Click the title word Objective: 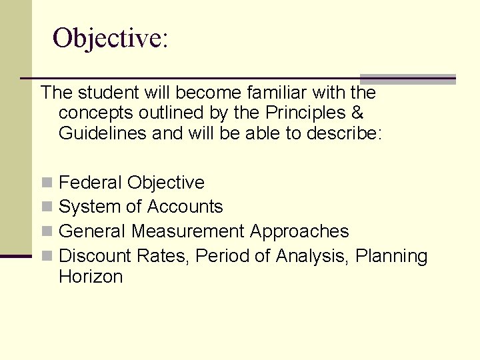click(x=110, y=38)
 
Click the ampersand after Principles click(x=357, y=113)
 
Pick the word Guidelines click(x=103, y=133)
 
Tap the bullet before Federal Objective click(x=46, y=183)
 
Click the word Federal click(x=91, y=182)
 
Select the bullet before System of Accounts click(x=46, y=207)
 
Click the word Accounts click(x=185, y=207)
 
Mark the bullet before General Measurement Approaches click(x=46, y=232)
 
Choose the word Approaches click(x=299, y=231)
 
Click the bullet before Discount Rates click(x=46, y=257)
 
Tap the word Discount click(x=95, y=256)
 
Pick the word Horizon click(x=91, y=277)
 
